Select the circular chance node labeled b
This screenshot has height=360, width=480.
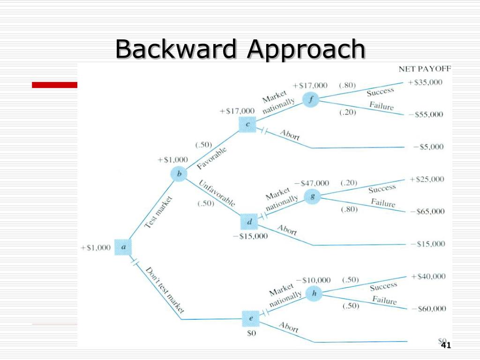pos(179,174)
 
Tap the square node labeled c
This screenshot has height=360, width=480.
pos(247,124)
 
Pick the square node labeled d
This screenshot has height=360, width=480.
pos(249,222)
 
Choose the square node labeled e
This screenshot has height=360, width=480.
pos(251,319)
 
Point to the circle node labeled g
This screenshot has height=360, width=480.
pos(312,197)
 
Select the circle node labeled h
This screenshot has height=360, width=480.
pos(314,294)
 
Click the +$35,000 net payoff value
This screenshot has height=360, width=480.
pos(425,82)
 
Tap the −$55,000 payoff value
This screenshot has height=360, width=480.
pos(425,114)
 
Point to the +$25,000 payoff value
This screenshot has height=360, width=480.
pos(427,179)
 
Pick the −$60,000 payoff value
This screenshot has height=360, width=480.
pos(427,308)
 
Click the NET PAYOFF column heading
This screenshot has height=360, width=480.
pos(425,68)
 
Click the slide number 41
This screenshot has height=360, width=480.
pos(446,345)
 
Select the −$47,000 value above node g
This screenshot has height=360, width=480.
pos(312,183)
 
